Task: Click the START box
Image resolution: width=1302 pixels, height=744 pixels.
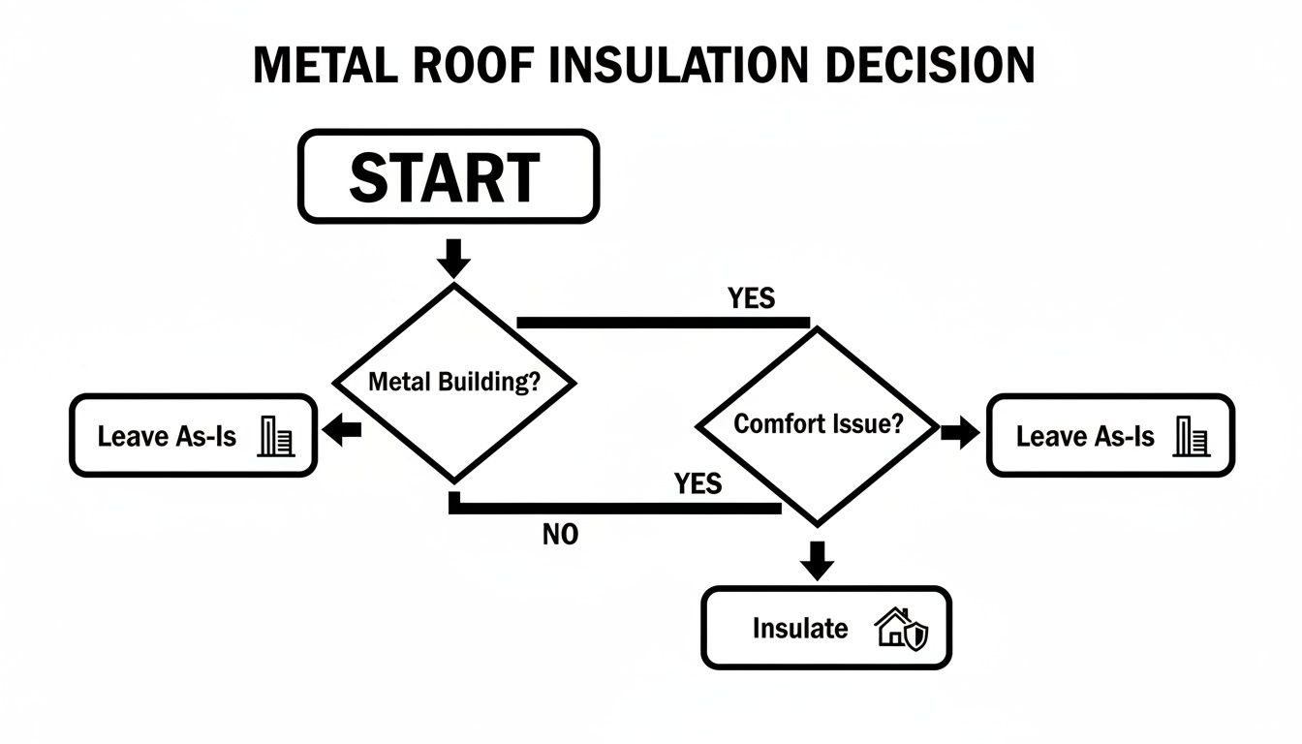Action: [x=448, y=176]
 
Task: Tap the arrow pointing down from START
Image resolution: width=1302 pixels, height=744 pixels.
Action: [x=454, y=258]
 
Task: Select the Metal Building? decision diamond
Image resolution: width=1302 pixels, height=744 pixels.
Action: [x=454, y=382]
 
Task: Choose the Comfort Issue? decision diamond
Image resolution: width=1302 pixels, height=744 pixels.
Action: [x=818, y=424]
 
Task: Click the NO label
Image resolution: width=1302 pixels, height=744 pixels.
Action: [x=560, y=535]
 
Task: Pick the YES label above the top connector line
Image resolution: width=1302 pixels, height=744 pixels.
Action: [x=751, y=298]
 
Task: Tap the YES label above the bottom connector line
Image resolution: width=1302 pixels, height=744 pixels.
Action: [x=697, y=483]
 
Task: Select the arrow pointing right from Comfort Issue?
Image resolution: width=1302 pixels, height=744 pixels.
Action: [x=960, y=433]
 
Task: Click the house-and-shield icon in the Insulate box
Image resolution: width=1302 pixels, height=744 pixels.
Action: [x=901, y=629]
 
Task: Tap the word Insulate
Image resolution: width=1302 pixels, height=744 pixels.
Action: [x=799, y=629]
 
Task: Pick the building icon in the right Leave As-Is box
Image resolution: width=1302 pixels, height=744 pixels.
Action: [x=1191, y=437]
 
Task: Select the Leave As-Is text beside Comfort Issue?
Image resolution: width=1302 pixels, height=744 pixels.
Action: [x=1085, y=437]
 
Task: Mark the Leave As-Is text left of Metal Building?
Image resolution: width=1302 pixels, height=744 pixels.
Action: [x=167, y=437]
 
